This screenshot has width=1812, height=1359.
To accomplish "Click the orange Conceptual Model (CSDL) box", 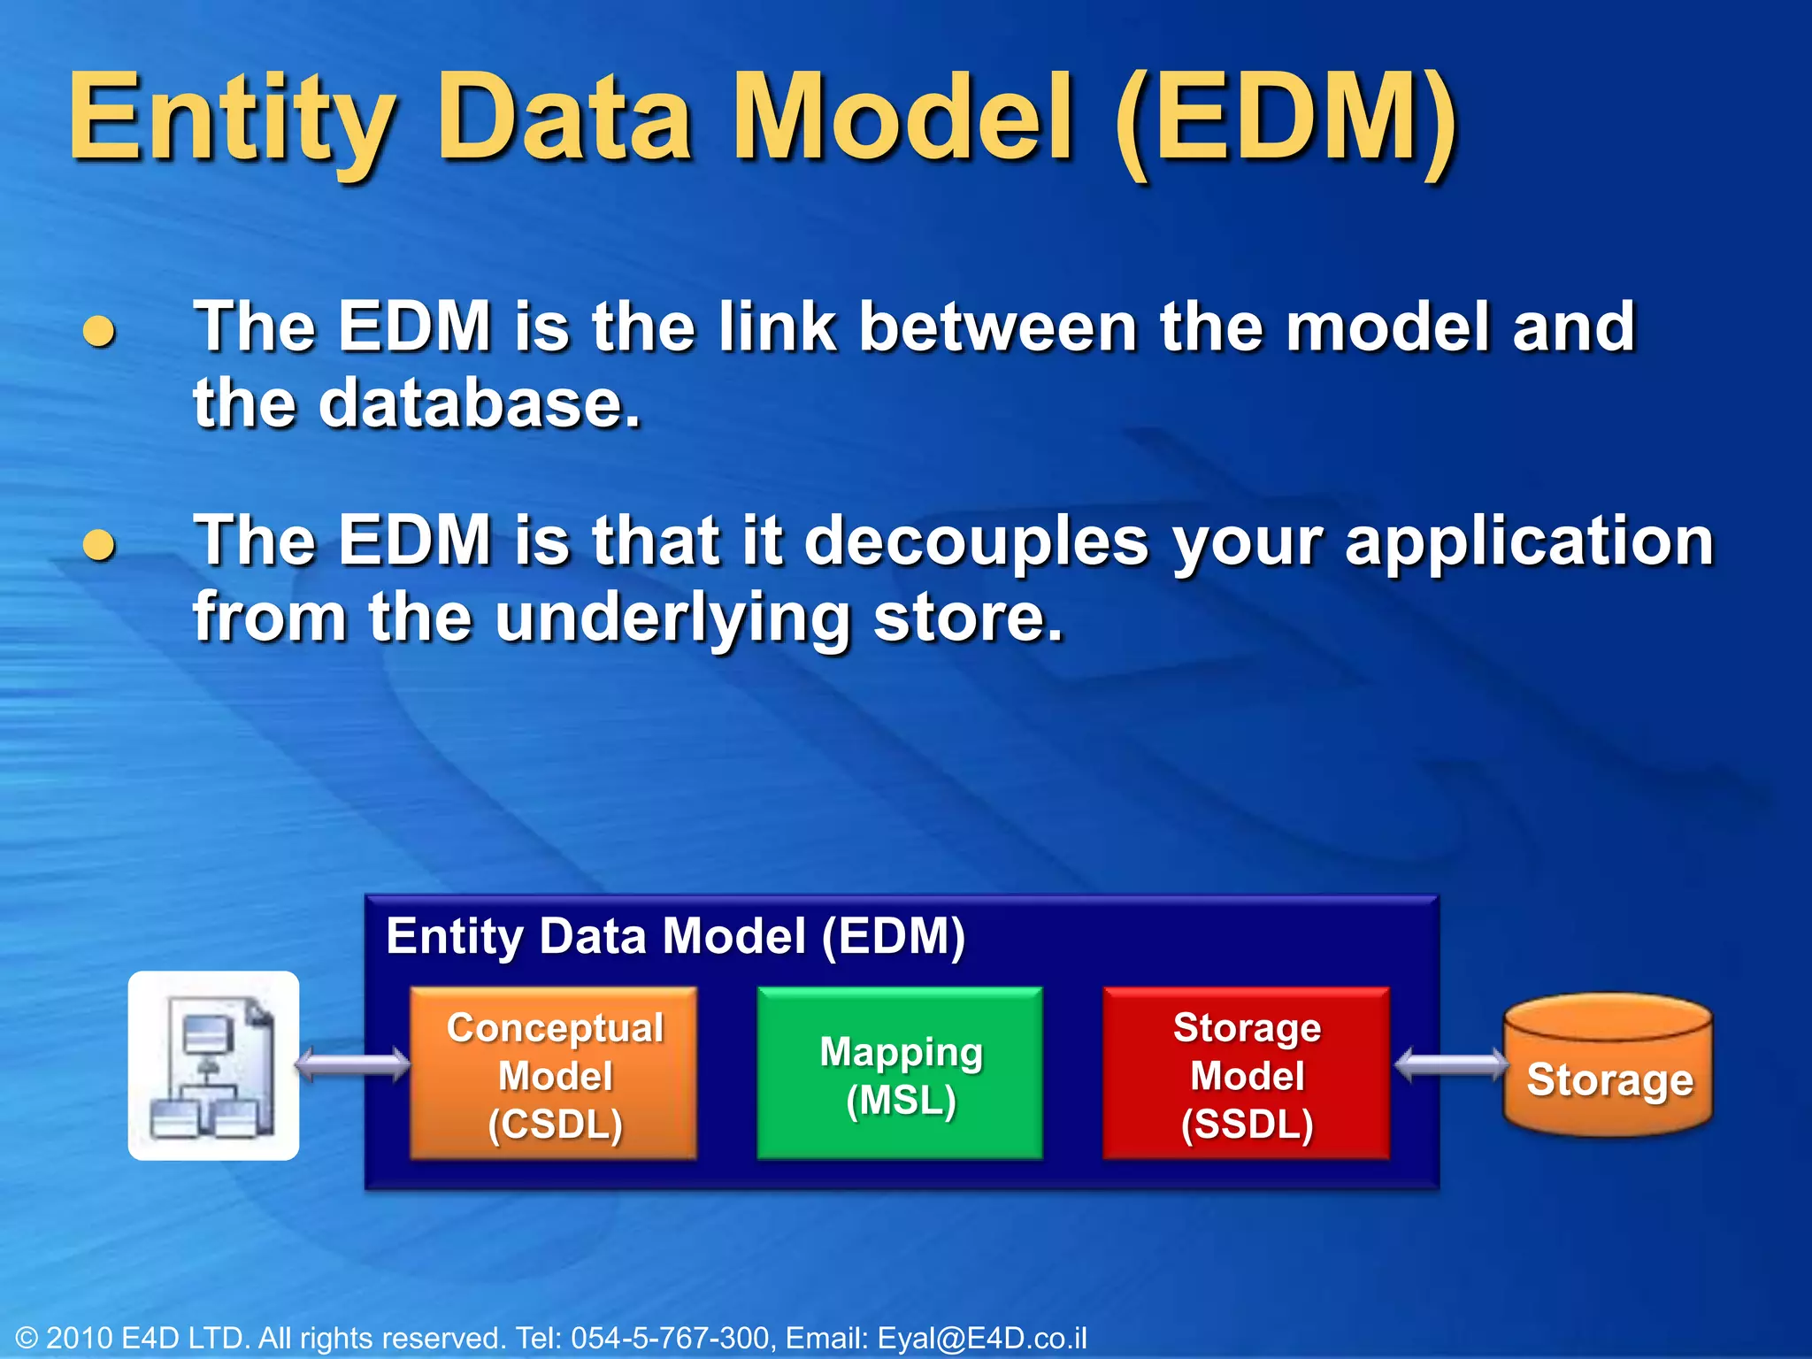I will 554,1074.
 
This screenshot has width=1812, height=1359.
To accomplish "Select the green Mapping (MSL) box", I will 900,1074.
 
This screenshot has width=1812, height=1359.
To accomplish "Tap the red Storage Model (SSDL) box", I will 1246,1074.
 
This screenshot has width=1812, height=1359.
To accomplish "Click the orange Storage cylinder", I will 1609,1066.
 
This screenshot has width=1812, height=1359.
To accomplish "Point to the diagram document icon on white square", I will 213,1066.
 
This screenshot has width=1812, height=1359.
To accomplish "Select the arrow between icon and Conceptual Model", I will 353,1064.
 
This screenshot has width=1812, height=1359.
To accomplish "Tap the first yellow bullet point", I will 99,331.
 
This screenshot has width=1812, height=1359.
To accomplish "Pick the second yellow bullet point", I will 99,545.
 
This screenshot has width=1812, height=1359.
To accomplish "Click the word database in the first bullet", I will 478,403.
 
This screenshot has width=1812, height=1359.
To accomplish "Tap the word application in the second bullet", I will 1530,541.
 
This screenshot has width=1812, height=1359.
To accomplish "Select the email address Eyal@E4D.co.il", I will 982,1338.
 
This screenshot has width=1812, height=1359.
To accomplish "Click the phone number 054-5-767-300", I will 671,1338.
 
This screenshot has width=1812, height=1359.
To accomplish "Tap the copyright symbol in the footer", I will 27,1339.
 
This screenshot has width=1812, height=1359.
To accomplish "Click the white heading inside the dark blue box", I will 675,936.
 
